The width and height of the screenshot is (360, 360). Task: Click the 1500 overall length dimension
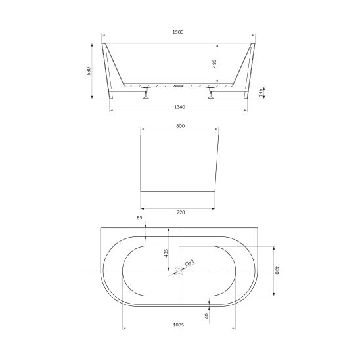click(x=178, y=32)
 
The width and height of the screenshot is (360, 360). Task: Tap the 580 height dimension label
click(x=89, y=71)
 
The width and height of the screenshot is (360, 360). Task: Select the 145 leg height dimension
click(x=261, y=93)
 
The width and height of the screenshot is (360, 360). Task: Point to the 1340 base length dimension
click(x=179, y=107)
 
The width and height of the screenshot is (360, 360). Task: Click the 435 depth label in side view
click(x=214, y=64)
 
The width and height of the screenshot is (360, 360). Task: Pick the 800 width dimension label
click(x=180, y=126)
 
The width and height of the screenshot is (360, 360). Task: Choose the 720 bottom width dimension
click(x=181, y=212)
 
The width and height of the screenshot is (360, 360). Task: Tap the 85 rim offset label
click(x=139, y=218)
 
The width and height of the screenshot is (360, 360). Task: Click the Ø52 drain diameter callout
click(x=189, y=263)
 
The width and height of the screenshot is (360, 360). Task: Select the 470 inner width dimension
click(x=277, y=270)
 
